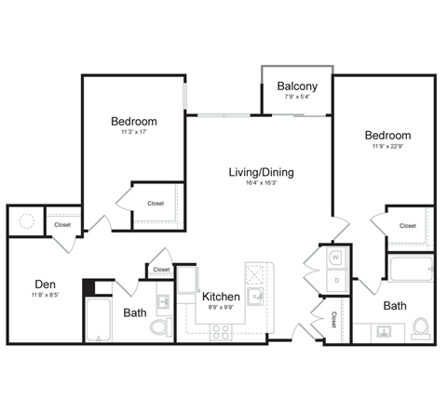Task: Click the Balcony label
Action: pos(297,86)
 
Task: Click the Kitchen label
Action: pos(222,297)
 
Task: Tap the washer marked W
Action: pos(335,258)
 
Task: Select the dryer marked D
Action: pos(335,279)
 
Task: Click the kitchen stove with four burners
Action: pos(221,329)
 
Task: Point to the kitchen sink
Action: pos(255,297)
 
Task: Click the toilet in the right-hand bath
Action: pos(420,328)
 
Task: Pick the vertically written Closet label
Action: pos(333,320)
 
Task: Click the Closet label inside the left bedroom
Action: pos(156,205)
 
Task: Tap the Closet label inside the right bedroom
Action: pos(408,226)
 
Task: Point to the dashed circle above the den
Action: pos(26,222)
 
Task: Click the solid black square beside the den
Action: pos(90,287)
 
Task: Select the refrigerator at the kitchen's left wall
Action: pos(188,280)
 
